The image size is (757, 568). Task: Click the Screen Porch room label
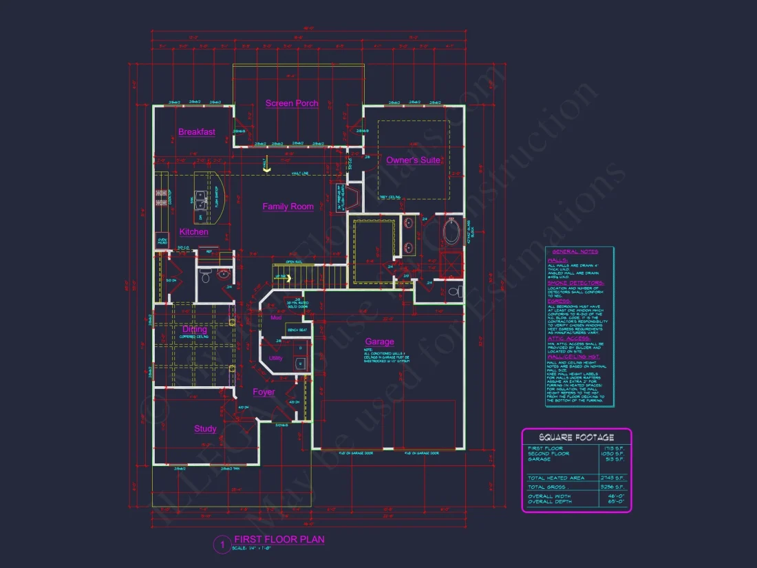[x=292, y=103]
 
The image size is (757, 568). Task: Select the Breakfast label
[x=197, y=132]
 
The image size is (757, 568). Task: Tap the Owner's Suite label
[x=413, y=160]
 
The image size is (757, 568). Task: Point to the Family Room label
[x=288, y=207]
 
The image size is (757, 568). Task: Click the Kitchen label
[x=194, y=232]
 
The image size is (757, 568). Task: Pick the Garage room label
[x=379, y=341]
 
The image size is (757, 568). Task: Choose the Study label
[x=205, y=429]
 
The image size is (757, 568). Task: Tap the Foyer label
[x=264, y=392]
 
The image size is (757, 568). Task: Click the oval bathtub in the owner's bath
[x=452, y=232]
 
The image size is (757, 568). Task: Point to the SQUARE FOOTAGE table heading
[x=576, y=437]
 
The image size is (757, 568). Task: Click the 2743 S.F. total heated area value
[x=614, y=478]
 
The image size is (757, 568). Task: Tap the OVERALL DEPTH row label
[x=551, y=502]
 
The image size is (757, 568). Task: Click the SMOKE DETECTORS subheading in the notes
[x=575, y=283]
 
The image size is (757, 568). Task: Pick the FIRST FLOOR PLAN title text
[x=279, y=540]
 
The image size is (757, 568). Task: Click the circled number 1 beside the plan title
[x=222, y=545]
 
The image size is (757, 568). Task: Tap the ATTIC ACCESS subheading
[x=569, y=338]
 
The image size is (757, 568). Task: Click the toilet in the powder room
[x=206, y=276]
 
